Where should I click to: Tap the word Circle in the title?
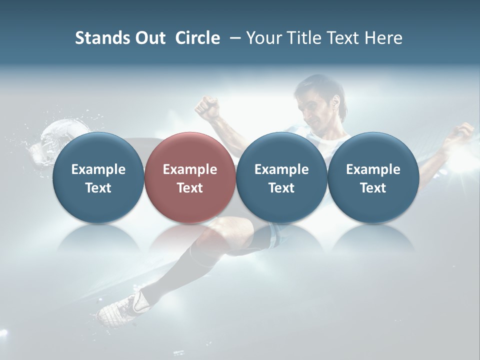click(x=197, y=38)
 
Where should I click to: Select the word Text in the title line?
click(x=340, y=38)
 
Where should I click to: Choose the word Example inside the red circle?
click(x=190, y=169)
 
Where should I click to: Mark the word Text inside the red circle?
click(x=190, y=188)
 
